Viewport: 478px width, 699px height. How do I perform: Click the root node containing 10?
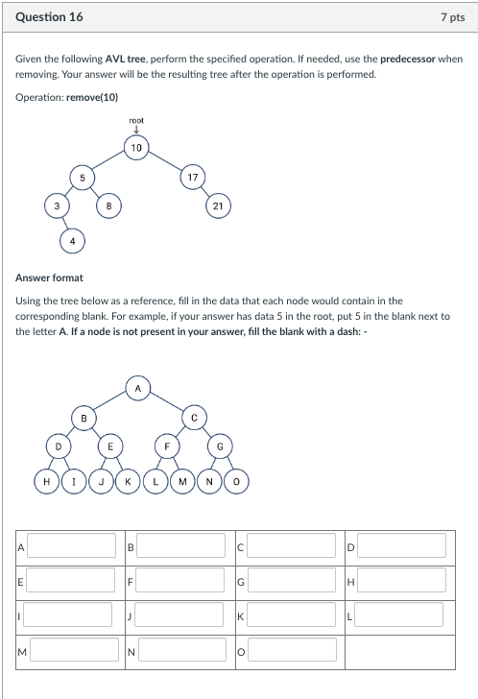coord(136,147)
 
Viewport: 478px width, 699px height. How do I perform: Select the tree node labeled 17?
coord(193,177)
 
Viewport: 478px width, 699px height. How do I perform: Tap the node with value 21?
coord(219,205)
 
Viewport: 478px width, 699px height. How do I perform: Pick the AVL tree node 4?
coord(72,240)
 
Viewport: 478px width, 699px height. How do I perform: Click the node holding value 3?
coord(57,205)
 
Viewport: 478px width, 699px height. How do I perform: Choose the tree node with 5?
coord(83,177)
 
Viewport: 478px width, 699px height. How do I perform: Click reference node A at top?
coord(137,388)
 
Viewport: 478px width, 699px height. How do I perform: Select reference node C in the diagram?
coord(192,418)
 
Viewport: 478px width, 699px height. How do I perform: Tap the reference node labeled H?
coord(45,478)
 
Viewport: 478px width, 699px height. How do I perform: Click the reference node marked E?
coord(110,447)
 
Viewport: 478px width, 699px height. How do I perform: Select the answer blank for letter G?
coord(295,581)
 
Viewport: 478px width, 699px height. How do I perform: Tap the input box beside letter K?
coord(295,615)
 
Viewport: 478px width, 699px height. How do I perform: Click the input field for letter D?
coord(404,546)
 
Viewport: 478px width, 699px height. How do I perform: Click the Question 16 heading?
coord(49,17)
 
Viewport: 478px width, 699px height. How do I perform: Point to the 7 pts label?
coord(452,17)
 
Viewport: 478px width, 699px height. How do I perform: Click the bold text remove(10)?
coord(93,98)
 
